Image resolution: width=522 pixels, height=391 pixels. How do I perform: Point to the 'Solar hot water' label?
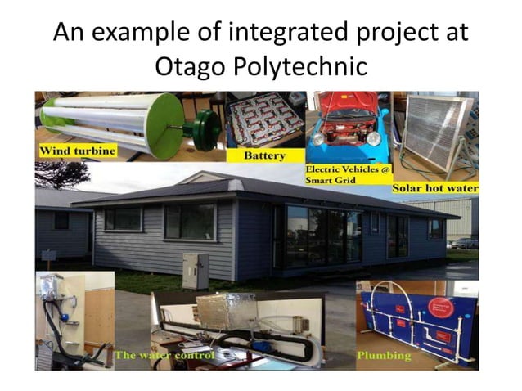coord(434,188)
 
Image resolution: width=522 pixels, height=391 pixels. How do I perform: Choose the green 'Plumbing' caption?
coord(384,356)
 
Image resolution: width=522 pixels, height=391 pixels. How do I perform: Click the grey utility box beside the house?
coord(196,271)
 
